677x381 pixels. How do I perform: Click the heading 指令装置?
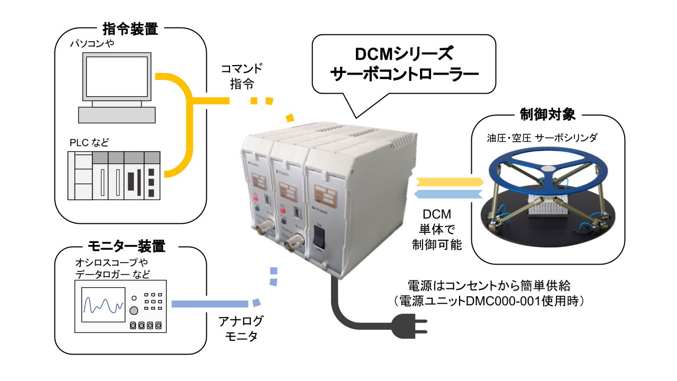[x=130, y=29]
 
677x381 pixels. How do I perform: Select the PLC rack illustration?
[x=114, y=175]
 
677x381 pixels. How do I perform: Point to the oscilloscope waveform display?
[x=103, y=306]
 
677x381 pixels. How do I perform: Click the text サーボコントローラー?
[x=404, y=75]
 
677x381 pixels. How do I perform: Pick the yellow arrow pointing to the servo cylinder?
[x=450, y=182]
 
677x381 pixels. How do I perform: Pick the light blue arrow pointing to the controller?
[x=450, y=194]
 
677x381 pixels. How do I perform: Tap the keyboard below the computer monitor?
[x=117, y=114]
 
